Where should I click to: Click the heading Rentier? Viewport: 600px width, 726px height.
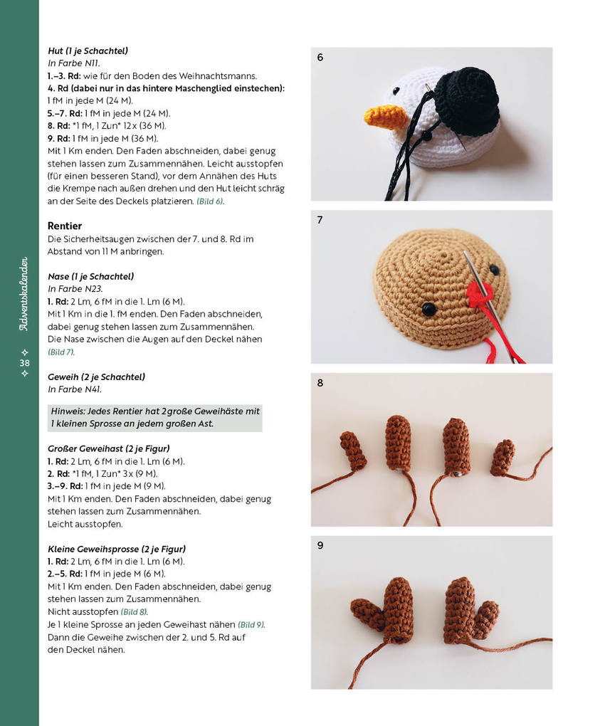tap(65, 226)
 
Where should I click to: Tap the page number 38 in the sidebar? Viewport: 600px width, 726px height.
tap(24, 363)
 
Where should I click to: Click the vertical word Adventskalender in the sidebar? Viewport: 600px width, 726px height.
tap(24, 293)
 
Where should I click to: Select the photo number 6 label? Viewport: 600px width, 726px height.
tap(320, 58)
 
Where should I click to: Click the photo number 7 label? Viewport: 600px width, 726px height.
tap(320, 220)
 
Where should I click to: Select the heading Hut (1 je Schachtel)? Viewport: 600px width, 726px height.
tap(88, 51)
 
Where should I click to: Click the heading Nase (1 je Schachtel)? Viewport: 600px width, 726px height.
tap(90, 276)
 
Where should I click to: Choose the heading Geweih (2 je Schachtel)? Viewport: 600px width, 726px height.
tap(96, 377)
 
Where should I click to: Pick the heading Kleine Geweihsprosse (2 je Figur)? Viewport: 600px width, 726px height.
tap(116, 549)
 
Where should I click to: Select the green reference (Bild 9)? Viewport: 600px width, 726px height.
tap(251, 624)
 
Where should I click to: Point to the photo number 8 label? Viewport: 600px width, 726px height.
tap(320, 383)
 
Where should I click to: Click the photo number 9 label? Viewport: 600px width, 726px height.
tap(320, 545)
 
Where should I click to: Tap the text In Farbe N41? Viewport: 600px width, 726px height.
tap(75, 389)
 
